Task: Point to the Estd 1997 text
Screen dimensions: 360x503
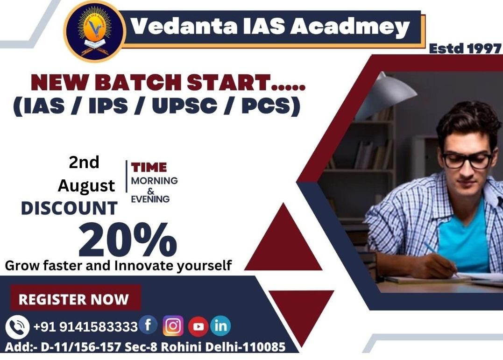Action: click(465, 48)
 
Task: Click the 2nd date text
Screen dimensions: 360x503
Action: click(84, 162)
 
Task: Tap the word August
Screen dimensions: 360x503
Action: click(86, 186)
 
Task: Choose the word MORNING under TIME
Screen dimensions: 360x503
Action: click(154, 181)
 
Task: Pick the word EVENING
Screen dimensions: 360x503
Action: click(150, 199)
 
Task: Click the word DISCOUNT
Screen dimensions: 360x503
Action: click(69, 208)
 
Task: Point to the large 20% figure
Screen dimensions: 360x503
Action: click(128, 240)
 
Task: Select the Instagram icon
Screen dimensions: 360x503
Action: click(173, 326)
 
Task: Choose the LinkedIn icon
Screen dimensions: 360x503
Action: click(220, 325)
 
